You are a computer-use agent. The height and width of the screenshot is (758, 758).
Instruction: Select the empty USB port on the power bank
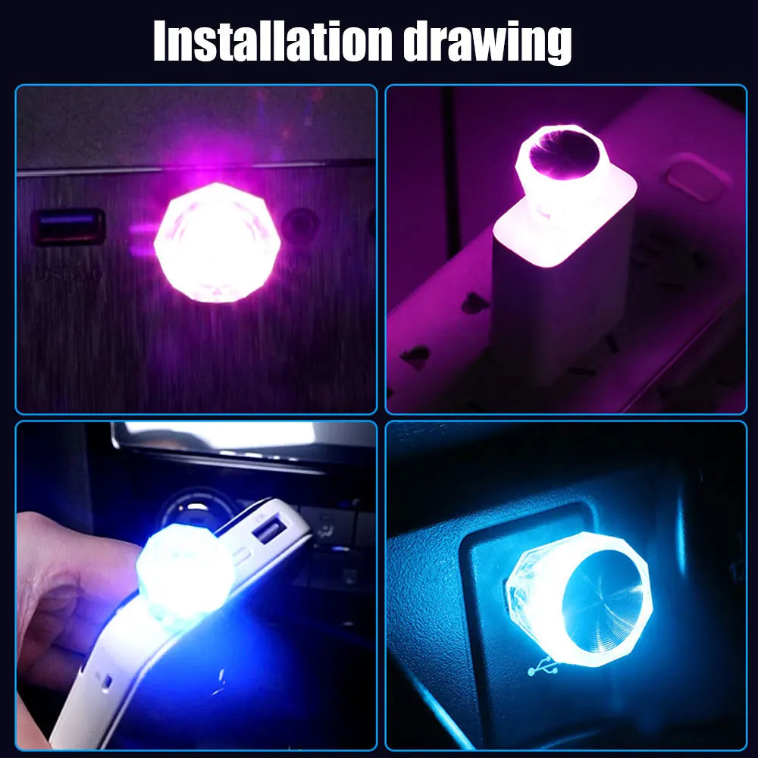click(x=268, y=531)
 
